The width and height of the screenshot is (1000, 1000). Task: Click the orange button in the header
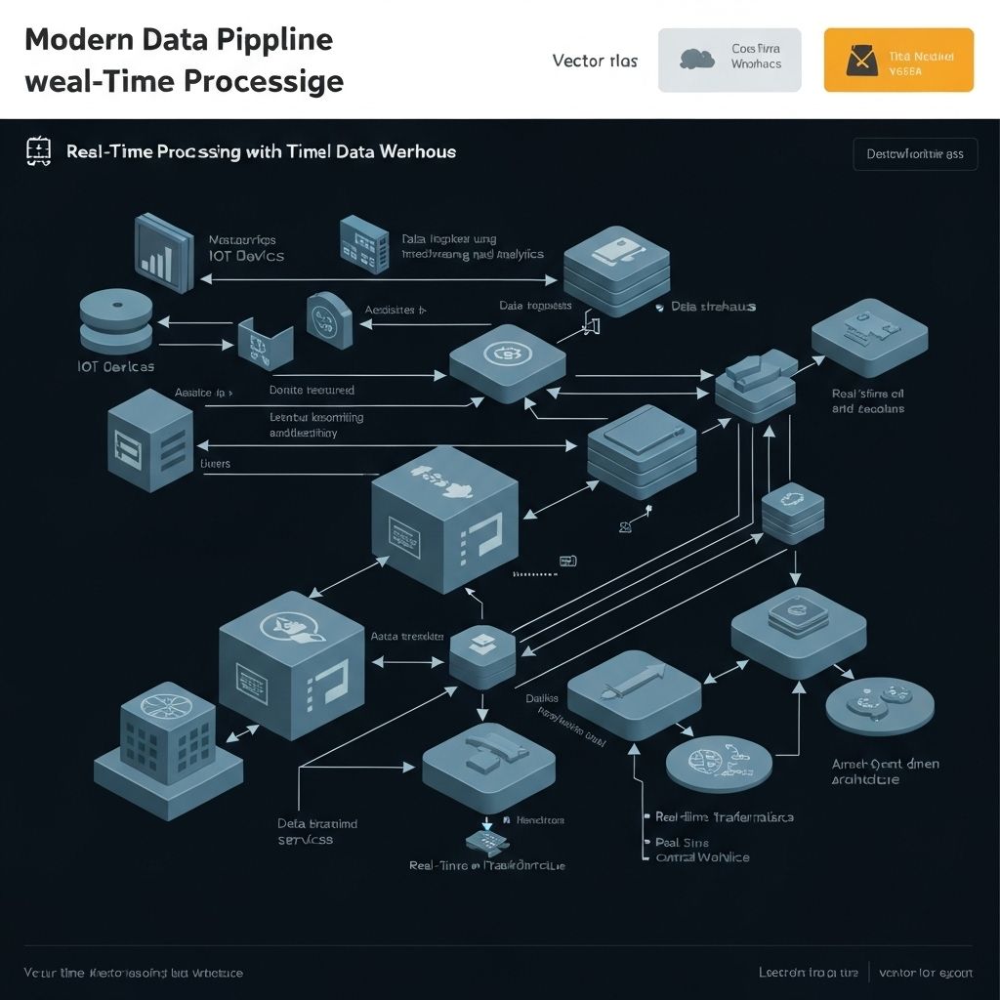pyautogui.click(x=898, y=60)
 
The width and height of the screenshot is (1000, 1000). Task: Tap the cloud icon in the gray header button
pyautogui.click(x=696, y=59)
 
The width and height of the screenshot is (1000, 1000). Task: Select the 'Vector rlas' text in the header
pyautogui.click(x=595, y=61)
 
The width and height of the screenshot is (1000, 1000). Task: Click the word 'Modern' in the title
pyautogui.click(x=74, y=40)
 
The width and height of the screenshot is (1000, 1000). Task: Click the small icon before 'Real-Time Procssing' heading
pyautogui.click(x=37, y=150)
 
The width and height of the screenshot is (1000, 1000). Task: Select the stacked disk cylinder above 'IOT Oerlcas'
pyautogui.click(x=116, y=320)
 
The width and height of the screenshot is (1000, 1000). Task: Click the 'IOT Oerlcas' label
pyautogui.click(x=115, y=367)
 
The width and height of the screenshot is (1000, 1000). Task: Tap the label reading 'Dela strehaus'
pyautogui.click(x=713, y=307)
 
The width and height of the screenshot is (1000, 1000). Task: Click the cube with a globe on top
pyautogui.click(x=290, y=663)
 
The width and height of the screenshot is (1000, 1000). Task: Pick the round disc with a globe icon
pyautogui.click(x=711, y=763)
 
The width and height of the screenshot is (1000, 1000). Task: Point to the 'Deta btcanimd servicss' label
pyautogui.click(x=317, y=831)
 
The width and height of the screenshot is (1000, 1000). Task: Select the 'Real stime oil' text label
pyautogui.click(x=867, y=400)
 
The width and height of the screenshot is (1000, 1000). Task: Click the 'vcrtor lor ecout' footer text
pyautogui.click(x=925, y=973)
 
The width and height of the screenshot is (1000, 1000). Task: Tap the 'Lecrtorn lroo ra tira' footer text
pyautogui.click(x=809, y=973)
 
